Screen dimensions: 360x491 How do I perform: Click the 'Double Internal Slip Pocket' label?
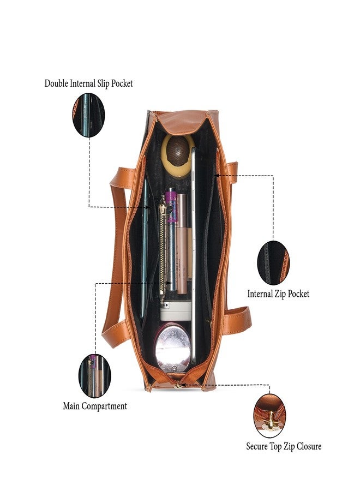tap(88, 83)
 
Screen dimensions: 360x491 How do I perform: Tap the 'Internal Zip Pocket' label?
tap(278, 294)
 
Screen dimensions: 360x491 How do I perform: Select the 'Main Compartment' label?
tap(95, 406)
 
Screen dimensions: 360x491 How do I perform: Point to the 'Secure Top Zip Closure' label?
tap(284, 446)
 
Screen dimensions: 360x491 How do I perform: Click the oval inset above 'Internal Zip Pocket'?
tap(273, 262)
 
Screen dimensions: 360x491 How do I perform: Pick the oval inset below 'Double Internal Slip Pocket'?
tap(88, 115)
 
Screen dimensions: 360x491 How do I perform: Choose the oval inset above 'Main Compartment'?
tap(94, 376)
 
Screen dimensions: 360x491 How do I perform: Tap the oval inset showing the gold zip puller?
tap(270, 415)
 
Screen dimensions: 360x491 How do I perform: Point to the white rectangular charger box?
tap(176, 311)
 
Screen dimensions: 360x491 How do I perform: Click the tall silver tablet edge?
tap(193, 255)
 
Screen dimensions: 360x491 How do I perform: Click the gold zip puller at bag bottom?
tap(179, 385)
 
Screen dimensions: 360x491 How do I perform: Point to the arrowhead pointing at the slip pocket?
tap(148, 207)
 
